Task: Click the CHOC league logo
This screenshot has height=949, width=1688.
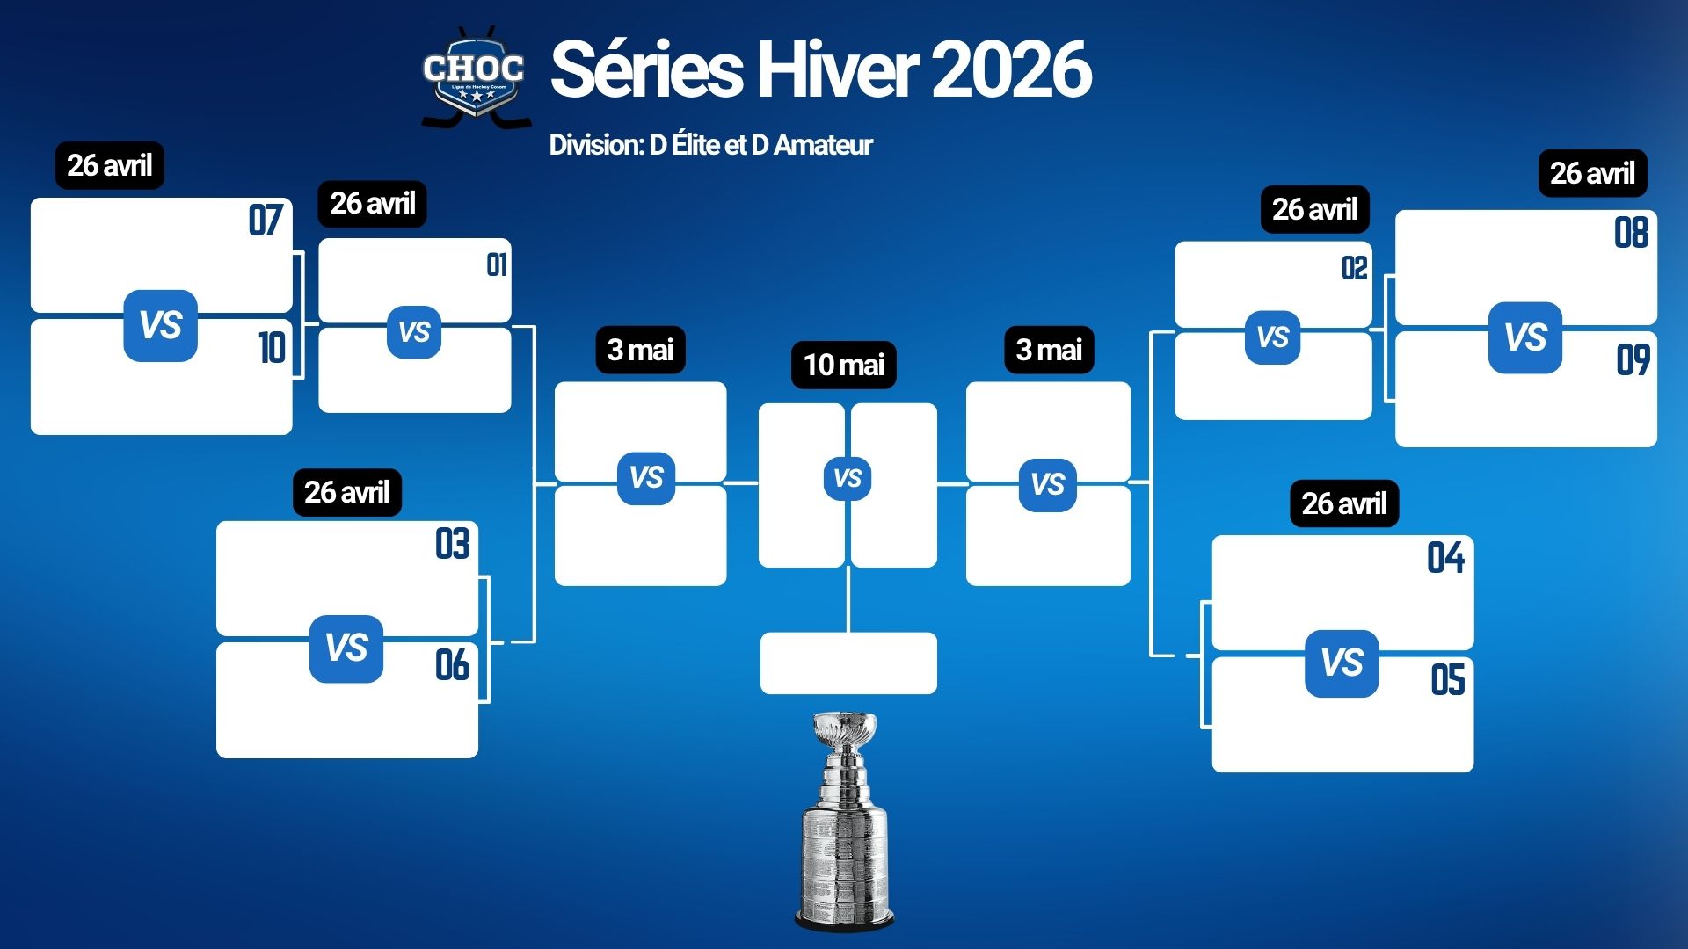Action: (475, 77)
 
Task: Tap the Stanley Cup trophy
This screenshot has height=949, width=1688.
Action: (845, 822)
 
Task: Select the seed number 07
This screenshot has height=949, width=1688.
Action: (266, 221)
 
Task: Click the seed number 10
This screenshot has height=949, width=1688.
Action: (273, 348)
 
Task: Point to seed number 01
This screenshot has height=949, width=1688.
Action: (497, 264)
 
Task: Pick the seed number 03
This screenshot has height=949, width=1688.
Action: (453, 544)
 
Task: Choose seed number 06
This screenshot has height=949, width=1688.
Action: (453, 665)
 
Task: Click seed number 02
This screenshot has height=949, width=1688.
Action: (1355, 268)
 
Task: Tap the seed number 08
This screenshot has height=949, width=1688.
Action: (1632, 233)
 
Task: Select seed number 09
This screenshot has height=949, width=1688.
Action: (1633, 359)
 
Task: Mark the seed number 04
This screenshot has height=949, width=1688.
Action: (1446, 558)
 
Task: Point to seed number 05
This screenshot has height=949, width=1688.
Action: (1448, 680)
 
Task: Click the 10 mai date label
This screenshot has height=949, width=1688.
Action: (844, 365)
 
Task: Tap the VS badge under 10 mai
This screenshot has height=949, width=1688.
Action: (848, 479)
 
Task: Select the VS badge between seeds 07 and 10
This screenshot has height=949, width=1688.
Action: (160, 326)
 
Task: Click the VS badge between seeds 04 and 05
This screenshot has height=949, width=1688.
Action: (1342, 663)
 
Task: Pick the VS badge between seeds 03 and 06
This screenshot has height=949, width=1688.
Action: (346, 648)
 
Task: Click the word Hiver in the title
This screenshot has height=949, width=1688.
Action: (838, 69)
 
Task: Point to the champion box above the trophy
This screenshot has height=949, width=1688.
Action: (848, 663)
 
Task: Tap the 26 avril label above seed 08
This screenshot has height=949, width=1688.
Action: (1592, 173)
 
